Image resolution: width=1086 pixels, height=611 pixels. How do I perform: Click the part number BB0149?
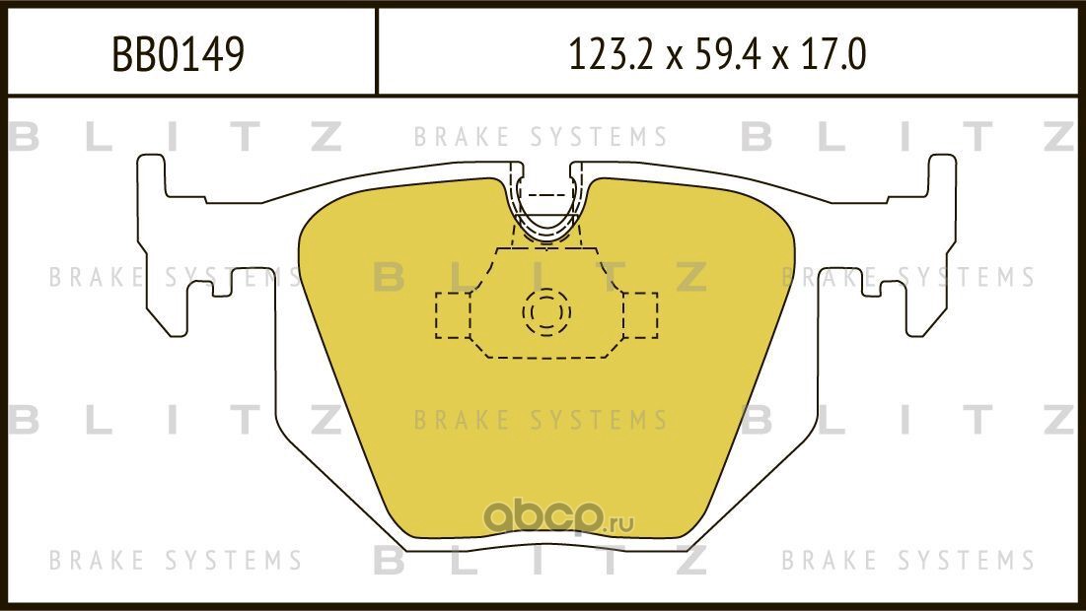[x=179, y=55]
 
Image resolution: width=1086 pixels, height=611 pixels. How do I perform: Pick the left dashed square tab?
[x=454, y=314]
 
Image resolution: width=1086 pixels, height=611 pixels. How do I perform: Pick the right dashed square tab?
[x=639, y=314]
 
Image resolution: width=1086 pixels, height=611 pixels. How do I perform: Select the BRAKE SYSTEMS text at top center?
[x=541, y=137]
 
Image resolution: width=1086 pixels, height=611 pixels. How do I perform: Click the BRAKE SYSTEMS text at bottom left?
[x=176, y=561]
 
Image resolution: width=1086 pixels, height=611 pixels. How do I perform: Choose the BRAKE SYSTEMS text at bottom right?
[x=908, y=561]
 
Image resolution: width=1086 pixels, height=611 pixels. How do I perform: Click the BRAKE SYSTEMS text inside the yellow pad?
[x=541, y=421]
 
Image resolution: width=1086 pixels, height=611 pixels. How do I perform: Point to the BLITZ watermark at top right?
[x=907, y=137]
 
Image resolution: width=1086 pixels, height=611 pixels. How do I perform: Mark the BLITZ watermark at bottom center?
[x=541, y=561]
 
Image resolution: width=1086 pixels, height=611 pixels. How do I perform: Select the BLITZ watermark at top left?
[x=176, y=137]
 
